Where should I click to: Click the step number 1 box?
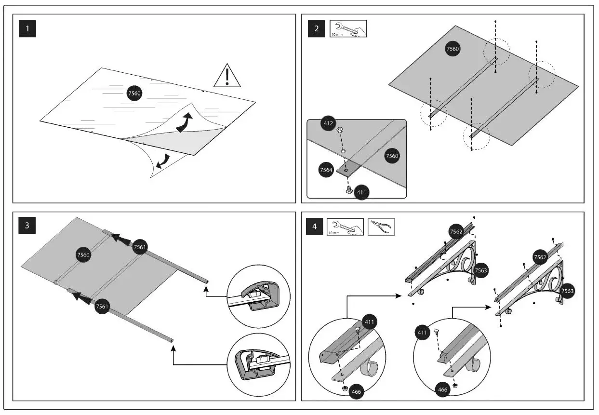point(27,29)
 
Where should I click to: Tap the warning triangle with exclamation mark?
point(226,77)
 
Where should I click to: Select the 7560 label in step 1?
point(134,94)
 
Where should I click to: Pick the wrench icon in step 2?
point(348,29)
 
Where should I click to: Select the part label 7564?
point(326,170)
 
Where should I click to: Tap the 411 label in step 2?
point(362,192)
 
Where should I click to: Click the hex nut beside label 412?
point(340,130)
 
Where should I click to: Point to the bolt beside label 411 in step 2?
point(347,190)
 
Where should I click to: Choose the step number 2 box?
point(316,29)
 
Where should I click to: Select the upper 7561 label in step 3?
point(140,246)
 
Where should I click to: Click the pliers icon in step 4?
point(381,227)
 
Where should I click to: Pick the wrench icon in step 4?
point(345,227)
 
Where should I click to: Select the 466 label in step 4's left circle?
point(356,392)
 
